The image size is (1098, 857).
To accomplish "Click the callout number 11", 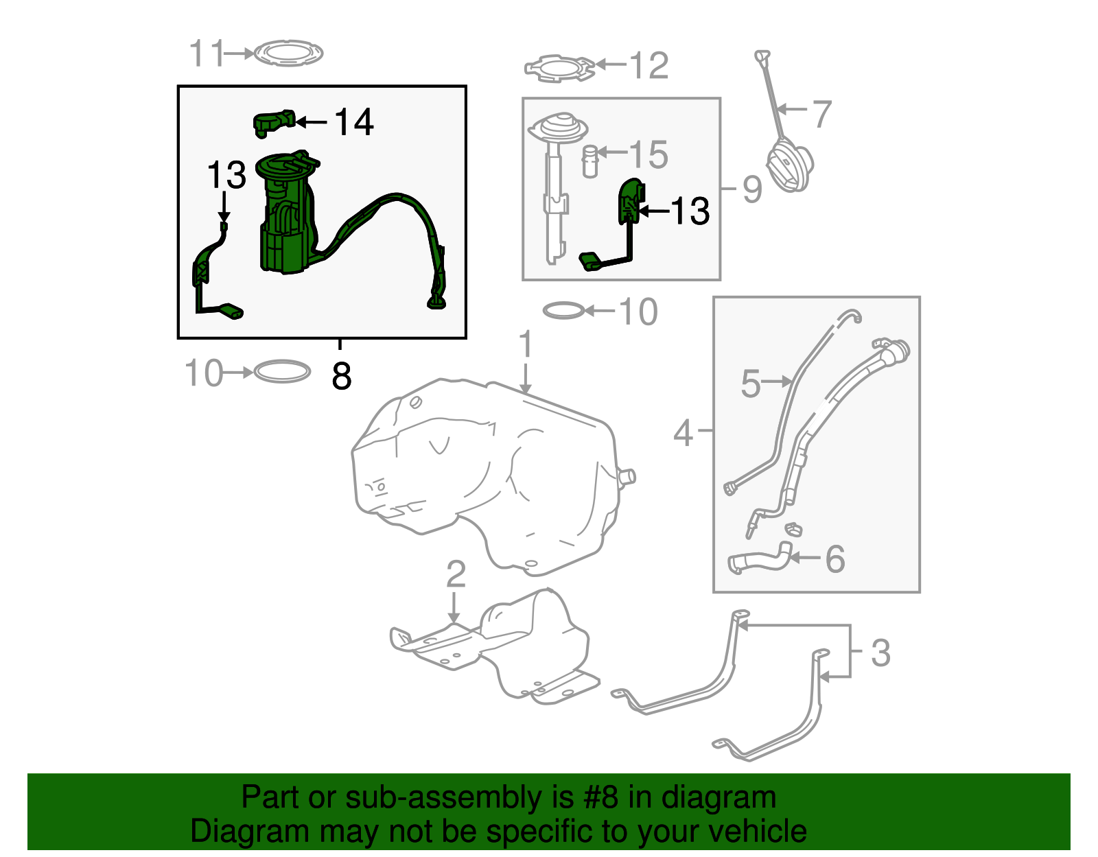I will (x=207, y=54).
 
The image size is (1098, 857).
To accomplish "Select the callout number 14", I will (x=354, y=123).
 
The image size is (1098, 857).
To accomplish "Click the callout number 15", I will (x=649, y=155).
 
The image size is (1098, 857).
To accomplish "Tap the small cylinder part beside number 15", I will (x=590, y=161).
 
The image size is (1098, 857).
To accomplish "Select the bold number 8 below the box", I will (x=341, y=376).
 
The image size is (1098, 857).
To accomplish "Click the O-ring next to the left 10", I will (x=282, y=372).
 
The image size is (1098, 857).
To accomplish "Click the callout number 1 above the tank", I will (x=526, y=344).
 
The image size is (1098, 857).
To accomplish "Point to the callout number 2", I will (x=456, y=574).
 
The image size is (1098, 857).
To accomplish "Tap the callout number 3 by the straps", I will (x=880, y=653).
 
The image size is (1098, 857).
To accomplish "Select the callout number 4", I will (x=683, y=433).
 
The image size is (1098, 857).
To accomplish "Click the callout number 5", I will (x=750, y=383).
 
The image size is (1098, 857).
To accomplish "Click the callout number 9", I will (x=752, y=189).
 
